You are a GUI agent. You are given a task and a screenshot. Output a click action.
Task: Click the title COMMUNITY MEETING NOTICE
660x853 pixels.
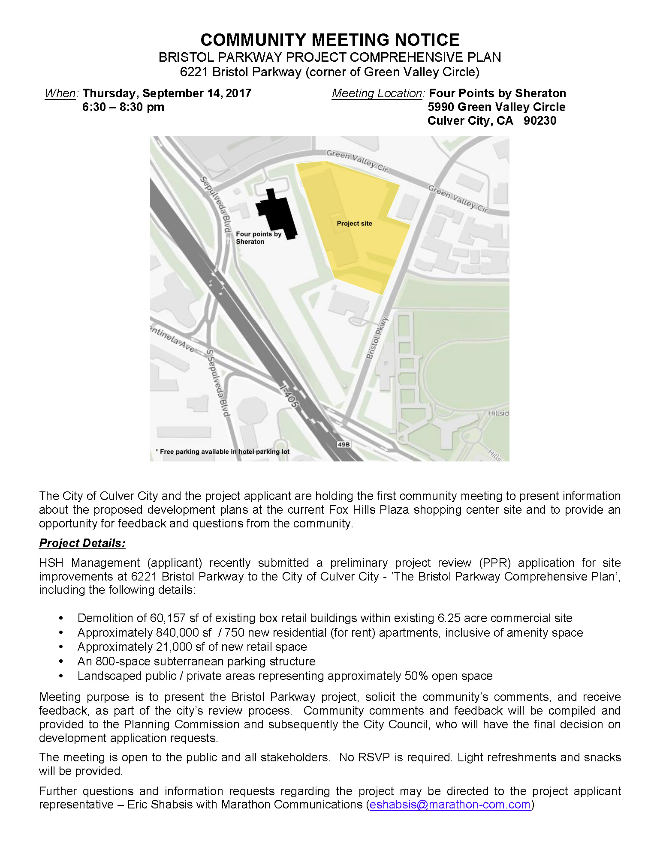(330, 40)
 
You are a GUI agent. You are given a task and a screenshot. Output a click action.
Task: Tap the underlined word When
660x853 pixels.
(60, 93)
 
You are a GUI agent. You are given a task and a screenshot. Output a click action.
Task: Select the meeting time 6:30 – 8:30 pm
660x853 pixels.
(123, 107)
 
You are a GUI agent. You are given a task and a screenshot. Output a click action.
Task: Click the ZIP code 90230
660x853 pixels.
(539, 121)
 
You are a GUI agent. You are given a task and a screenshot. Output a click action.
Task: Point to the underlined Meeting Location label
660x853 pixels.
(377, 93)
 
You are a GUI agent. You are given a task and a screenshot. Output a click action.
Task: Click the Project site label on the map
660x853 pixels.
(354, 224)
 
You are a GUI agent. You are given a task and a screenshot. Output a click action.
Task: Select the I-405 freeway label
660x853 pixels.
(289, 396)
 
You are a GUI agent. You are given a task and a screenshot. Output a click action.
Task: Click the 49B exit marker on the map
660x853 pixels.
(344, 444)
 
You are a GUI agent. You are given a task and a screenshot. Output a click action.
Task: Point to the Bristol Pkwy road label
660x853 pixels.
(377, 338)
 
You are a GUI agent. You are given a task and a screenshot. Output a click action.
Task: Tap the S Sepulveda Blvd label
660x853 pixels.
(218, 383)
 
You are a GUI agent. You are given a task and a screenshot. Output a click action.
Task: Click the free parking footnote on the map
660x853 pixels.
(223, 452)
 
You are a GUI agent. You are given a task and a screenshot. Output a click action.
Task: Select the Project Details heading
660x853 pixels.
(82, 543)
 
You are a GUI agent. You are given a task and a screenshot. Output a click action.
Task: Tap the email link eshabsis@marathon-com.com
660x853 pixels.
(450, 805)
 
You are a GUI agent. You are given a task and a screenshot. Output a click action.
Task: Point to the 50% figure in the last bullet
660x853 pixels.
(416, 676)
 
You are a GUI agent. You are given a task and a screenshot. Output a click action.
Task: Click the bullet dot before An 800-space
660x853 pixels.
(61, 661)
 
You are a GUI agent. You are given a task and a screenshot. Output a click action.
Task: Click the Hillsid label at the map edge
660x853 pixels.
(498, 413)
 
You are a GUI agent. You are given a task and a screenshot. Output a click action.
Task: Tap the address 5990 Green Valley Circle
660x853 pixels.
(496, 107)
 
